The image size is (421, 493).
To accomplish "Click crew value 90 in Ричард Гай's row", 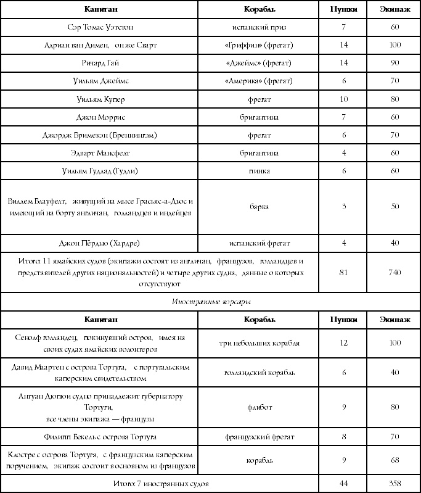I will click(394, 63).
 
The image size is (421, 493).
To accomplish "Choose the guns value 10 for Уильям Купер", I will click(344, 99).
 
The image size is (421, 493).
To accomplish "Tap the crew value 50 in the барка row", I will click(394, 207).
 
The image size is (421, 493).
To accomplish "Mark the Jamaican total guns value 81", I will click(344, 272).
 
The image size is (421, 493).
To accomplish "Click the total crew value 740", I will click(394, 272).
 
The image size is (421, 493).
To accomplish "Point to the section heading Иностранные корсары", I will click(210, 302).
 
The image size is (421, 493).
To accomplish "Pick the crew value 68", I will click(394, 460).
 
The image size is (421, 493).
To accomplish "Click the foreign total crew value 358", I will click(394, 483).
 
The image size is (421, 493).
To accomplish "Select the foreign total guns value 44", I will click(344, 483).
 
